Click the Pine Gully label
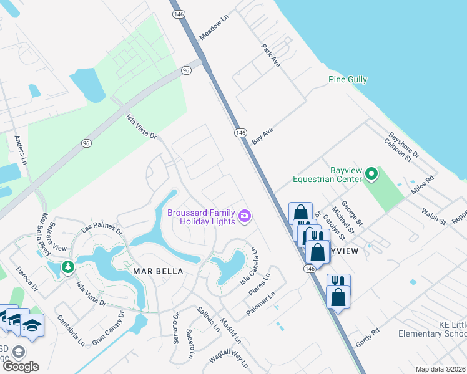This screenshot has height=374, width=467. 348,79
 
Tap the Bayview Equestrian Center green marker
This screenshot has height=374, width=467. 372,174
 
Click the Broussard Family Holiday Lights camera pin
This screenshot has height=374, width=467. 245,217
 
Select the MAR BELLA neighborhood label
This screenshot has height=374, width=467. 158,271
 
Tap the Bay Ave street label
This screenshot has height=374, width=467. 263,135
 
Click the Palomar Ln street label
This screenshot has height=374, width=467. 260,304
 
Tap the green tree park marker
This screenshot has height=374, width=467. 67,268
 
